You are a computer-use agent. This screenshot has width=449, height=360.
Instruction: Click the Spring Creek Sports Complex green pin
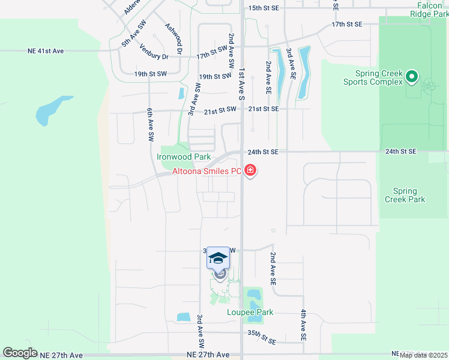412,76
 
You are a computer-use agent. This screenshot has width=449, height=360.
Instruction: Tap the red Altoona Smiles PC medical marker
250,172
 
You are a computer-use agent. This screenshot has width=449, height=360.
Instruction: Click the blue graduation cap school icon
218,258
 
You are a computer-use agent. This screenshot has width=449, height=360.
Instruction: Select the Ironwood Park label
184,157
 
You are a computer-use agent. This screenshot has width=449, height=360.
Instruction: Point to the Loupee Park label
250,312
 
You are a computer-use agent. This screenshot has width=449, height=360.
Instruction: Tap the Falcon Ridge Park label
429,9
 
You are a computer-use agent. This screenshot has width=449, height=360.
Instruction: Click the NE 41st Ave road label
45,51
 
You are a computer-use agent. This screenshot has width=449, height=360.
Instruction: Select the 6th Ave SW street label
150,125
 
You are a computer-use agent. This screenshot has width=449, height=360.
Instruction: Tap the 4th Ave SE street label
304,322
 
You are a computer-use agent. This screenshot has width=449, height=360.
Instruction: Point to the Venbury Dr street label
154,52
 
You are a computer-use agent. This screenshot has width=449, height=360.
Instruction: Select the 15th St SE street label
264,8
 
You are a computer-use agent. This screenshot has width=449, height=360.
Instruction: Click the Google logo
20,353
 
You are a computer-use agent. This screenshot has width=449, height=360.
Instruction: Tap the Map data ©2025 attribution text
423,355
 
